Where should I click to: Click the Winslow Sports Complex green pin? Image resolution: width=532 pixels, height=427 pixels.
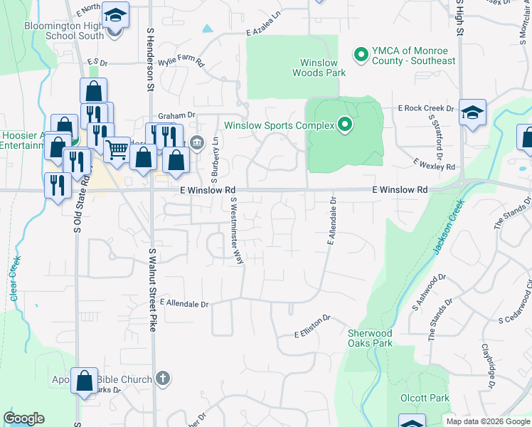[x=345, y=125]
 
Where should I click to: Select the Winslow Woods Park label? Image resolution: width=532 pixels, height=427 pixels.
[x=318, y=68]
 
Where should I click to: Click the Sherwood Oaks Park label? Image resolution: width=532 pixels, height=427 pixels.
[x=370, y=338]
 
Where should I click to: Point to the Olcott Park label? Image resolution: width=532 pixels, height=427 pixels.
[x=425, y=397]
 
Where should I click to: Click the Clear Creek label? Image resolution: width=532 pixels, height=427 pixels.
[x=16, y=278]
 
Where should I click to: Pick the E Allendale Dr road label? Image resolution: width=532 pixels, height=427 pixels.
[x=184, y=304]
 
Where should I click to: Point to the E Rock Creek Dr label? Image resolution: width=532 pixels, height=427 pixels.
[x=426, y=108]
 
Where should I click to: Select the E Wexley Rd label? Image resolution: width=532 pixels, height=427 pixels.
[x=434, y=165]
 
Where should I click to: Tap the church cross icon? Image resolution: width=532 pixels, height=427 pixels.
[x=162, y=379]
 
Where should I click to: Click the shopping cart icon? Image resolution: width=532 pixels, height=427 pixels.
[x=117, y=149]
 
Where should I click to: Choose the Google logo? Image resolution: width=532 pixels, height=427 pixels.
[x=23, y=418]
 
